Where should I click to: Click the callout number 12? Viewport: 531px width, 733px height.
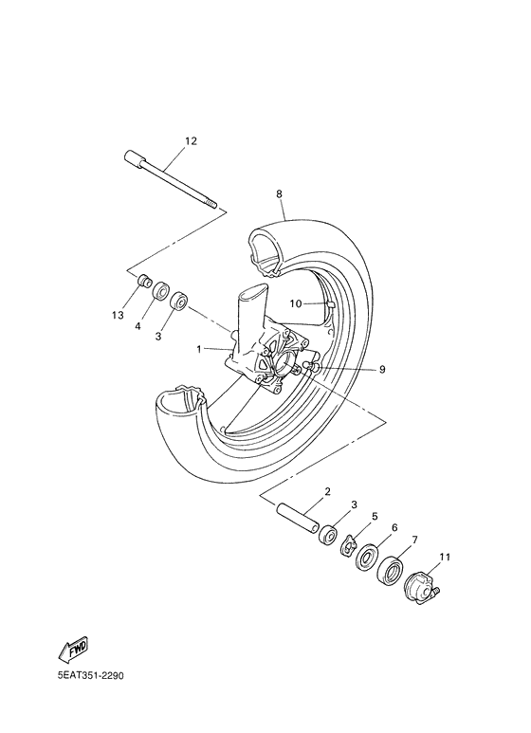pos(191,141)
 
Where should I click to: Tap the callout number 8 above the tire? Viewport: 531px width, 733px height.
pos(279,193)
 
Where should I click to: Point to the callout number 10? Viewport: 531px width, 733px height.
pos(296,304)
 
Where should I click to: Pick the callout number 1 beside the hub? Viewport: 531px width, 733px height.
pos(199,349)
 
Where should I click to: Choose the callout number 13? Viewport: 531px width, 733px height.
pos(118,315)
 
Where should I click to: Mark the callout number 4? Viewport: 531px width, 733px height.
pos(137,326)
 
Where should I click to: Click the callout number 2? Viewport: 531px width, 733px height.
pos(326,491)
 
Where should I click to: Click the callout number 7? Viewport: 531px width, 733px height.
pos(413,541)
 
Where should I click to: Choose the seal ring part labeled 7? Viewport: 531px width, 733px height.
pos(390,571)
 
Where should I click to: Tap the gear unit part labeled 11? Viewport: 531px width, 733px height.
pos(420,585)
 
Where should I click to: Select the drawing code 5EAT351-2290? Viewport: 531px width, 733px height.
pos(91,677)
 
